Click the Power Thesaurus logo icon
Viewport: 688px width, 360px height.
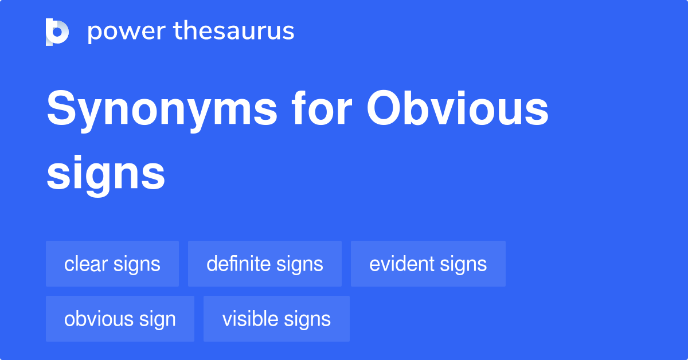(x=57, y=32)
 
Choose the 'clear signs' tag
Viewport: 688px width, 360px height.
(x=112, y=264)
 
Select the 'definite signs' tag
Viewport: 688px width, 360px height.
(x=265, y=264)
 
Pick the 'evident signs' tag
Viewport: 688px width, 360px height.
(x=428, y=264)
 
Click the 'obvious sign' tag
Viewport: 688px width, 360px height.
(x=120, y=319)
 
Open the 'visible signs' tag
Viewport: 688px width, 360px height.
(x=276, y=319)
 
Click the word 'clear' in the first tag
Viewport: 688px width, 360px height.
(x=86, y=264)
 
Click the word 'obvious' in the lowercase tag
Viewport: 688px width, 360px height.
(x=96, y=319)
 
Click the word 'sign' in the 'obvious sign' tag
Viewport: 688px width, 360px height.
(x=155, y=319)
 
